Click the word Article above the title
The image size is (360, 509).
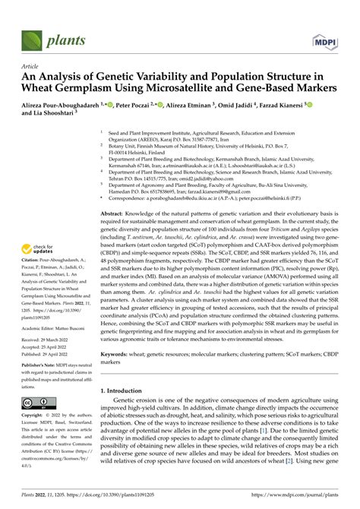click(x=34, y=67)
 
